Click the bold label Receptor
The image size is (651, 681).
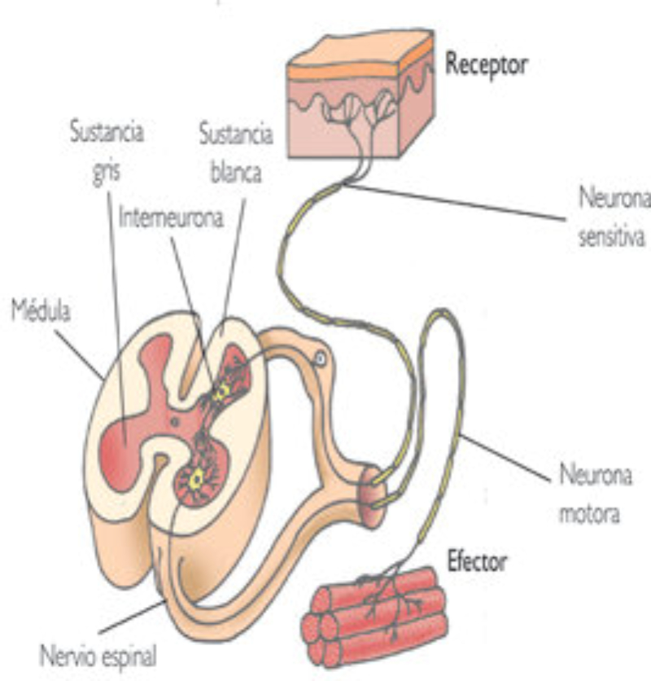486,66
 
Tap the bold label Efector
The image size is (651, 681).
478,561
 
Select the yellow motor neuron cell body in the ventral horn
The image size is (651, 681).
195,479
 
